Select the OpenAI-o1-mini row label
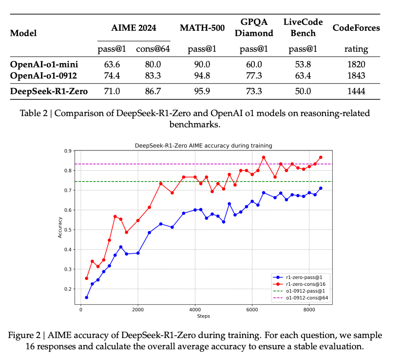[x=44, y=64]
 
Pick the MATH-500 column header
[x=202, y=28]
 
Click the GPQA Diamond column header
[x=254, y=28]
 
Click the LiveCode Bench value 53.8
[x=300, y=64]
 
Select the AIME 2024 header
[x=134, y=28]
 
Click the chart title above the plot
[x=203, y=145]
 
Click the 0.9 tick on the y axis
[x=68, y=151]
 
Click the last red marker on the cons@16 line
[x=321, y=157]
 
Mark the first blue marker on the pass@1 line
[x=87, y=298]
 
